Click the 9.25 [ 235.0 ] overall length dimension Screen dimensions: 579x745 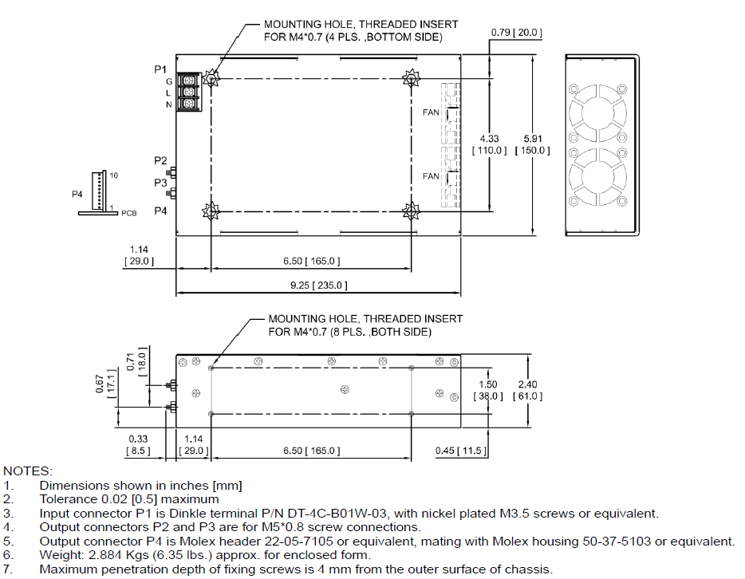click(317, 285)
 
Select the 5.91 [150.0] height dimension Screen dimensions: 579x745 click(533, 144)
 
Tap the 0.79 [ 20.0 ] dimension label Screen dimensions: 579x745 click(516, 33)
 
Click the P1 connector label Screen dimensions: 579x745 click(160, 69)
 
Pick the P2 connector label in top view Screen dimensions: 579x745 click(160, 161)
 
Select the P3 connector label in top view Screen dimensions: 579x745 click(160, 183)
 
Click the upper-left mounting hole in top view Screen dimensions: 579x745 click(211, 78)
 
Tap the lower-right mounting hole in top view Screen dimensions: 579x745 click(412, 211)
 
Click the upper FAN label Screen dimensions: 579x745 click(431, 112)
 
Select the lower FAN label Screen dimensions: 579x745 click(431, 176)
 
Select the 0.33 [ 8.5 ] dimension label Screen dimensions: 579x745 click(137, 444)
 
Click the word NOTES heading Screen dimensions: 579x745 click(28, 472)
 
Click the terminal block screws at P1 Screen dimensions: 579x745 click(188, 93)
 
